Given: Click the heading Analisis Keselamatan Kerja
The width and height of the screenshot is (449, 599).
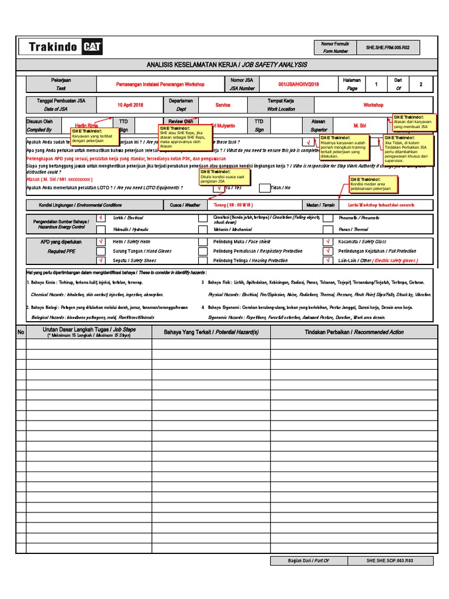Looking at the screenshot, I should (226, 64).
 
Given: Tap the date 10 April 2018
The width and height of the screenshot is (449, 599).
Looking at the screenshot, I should (130, 105).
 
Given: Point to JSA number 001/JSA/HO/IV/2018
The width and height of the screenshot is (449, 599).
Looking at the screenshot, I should (299, 84).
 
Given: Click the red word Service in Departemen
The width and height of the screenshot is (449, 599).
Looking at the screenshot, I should (223, 105).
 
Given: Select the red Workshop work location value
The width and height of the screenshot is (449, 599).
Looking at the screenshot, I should (374, 105).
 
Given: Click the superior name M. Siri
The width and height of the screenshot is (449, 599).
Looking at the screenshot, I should (360, 125).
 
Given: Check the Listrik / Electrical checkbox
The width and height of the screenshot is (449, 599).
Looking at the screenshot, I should (101, 218).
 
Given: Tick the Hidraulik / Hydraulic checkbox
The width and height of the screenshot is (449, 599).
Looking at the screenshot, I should (101, 229).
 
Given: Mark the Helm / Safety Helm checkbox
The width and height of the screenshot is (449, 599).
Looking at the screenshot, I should (101, 242).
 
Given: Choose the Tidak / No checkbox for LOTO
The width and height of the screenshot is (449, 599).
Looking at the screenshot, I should (265, 188).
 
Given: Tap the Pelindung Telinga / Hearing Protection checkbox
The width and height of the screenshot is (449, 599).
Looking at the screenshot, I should (202, 260).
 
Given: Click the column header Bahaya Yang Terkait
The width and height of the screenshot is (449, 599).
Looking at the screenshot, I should (211, 332).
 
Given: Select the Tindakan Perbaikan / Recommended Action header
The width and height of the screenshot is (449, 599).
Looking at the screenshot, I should (354, 332).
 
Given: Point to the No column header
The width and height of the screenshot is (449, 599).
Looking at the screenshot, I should (20, 332).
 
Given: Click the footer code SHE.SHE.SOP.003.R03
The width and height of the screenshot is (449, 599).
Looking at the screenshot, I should (390, 560).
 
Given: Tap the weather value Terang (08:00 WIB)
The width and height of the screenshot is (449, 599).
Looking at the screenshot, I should (233, 205).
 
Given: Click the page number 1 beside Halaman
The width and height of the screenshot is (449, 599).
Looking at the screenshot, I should (377, 84).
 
